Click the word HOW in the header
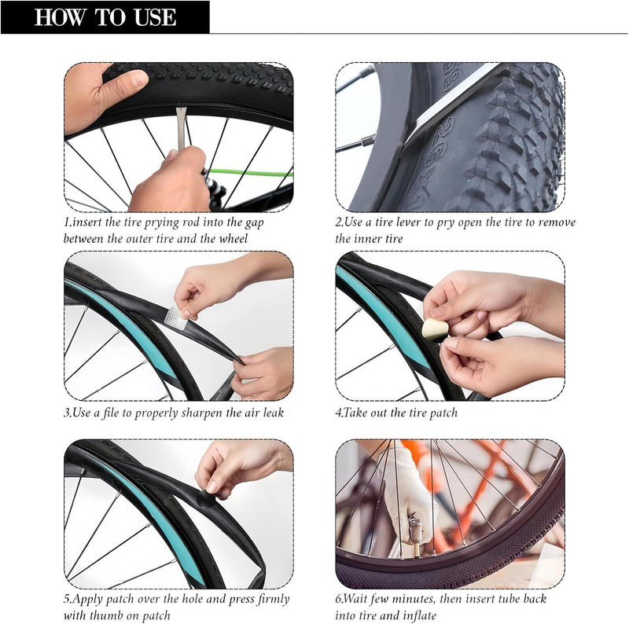(x=61, y=17)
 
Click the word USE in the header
(x=156, y=17)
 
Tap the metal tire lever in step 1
(x=182, y=129)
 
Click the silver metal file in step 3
(x=175, y=318)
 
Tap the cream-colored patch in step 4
(x=435, y=329)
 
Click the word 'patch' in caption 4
(x=443, y=413)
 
